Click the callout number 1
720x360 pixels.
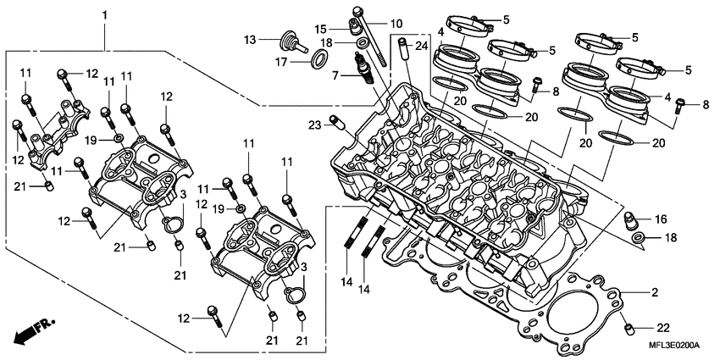(104, 16)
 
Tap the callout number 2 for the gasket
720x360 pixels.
(654, 293)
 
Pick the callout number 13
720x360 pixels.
(251, 40)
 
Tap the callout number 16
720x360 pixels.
(660, 219)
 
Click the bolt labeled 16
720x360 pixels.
(630, 221)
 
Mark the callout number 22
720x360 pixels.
(662, 326)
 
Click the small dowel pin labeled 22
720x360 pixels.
(629, 325)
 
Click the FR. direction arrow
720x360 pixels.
(31, 330)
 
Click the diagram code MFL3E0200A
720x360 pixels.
(673, 346)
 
